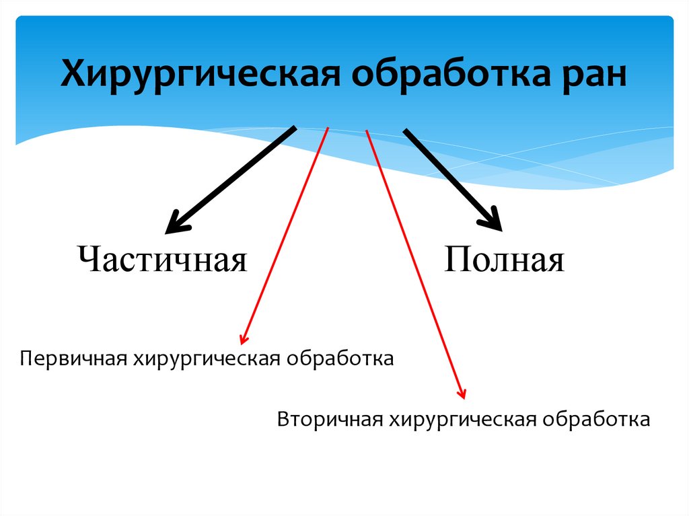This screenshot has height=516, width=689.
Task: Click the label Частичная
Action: pos(161,260)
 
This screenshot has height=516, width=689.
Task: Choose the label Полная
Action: pos(503,260)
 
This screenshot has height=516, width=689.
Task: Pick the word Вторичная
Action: pos(329,420)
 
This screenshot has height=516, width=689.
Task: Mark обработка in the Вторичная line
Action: pos(598,420)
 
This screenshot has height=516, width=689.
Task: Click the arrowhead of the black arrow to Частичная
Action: pos(174,221)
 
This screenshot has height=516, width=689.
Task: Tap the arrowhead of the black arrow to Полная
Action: pos(492,219)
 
